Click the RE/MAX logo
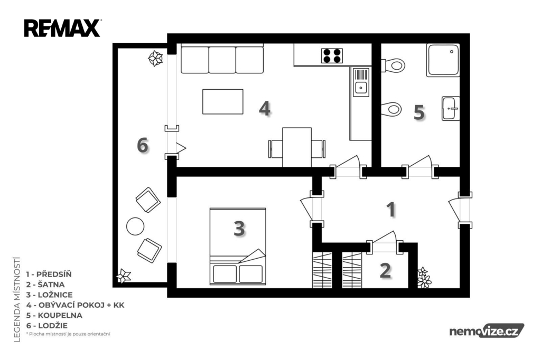point(62,28)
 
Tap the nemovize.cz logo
point(487,331)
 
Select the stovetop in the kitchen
point(332,55)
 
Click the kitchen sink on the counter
point(361,82)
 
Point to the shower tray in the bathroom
point(443,60)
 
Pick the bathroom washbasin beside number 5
point(451,108)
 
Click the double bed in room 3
point(238,246)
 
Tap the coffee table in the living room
point(222,101)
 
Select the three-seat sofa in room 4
point(222,59)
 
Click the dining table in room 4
point(297,147)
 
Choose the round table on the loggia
point(135,226)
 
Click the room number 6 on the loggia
point(143,145)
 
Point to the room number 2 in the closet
point(385,270)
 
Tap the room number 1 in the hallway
point(391,210)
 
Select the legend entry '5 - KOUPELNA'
point(54,315)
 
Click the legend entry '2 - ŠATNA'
point(45,285)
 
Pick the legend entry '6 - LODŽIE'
point(47,326)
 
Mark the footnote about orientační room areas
point(68,334)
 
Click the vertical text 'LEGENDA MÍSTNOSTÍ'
point(17,299)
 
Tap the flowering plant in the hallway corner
point(424,278)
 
